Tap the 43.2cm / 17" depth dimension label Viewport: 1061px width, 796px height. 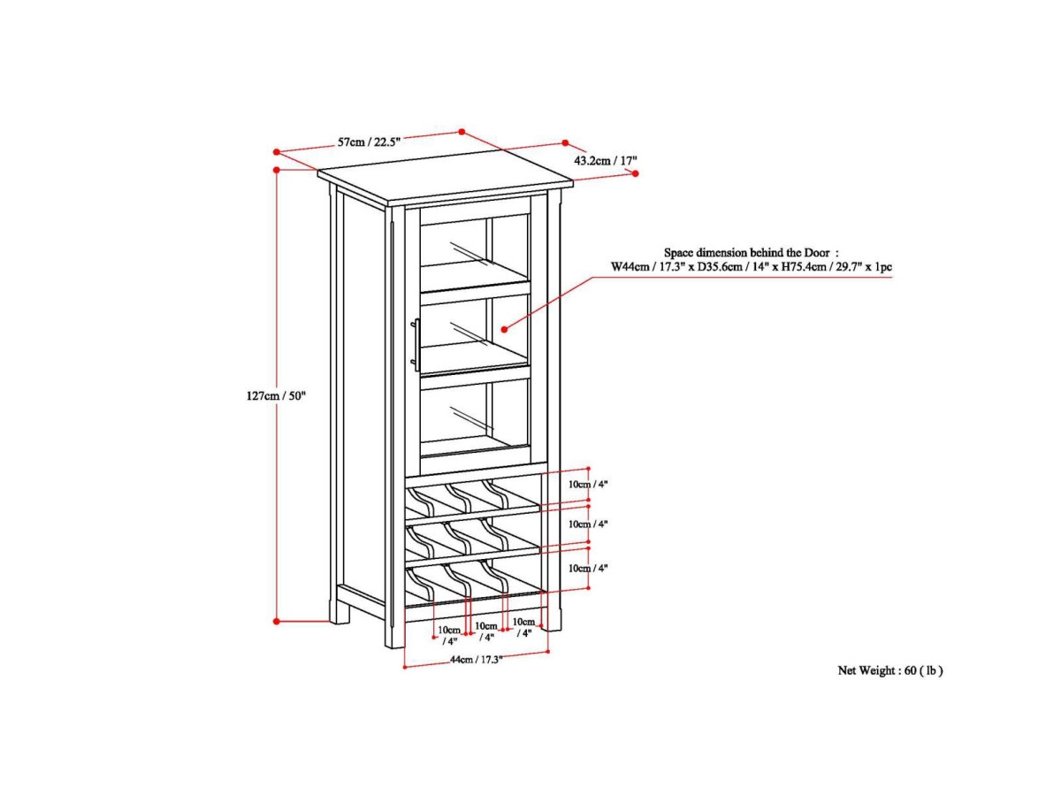click(x=606, y=161)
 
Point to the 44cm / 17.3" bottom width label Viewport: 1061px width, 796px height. click(x=476, y=660)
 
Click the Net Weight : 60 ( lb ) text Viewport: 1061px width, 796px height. click(x=890, y=670)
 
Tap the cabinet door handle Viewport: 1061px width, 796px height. click(x=413, y=345)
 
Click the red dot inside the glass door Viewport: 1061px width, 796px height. click(x=505, y=328)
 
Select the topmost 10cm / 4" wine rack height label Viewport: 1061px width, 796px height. click(x=589, y=484)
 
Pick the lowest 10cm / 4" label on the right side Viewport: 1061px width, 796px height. click(x=589, y=568)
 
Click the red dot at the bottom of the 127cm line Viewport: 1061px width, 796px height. click(x=277, y=621)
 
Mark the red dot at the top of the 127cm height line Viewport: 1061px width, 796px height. click(x=277, y=168)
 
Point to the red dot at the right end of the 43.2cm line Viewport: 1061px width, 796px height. click(x=635, y=174)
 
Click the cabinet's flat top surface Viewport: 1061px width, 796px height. click(x=447, y=180)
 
